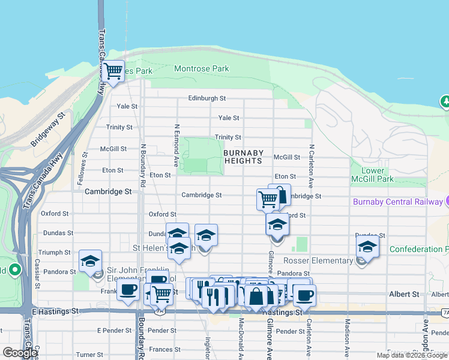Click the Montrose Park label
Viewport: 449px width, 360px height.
[201, 69]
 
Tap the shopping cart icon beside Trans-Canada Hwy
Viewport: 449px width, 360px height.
[113, 72]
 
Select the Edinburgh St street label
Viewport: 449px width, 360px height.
[206, 98]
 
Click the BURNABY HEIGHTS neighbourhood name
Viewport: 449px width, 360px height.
[243, 157]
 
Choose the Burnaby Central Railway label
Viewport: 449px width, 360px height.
[397, 202]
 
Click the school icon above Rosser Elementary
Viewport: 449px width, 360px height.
[367, 247]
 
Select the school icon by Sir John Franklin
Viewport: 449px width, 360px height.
[90, 262]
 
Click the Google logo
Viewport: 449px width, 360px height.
[19, 353]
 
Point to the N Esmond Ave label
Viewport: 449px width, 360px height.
[176, 145]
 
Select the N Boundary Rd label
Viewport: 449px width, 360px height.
[143, 164]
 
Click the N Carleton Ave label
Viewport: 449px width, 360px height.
[312, 166]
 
